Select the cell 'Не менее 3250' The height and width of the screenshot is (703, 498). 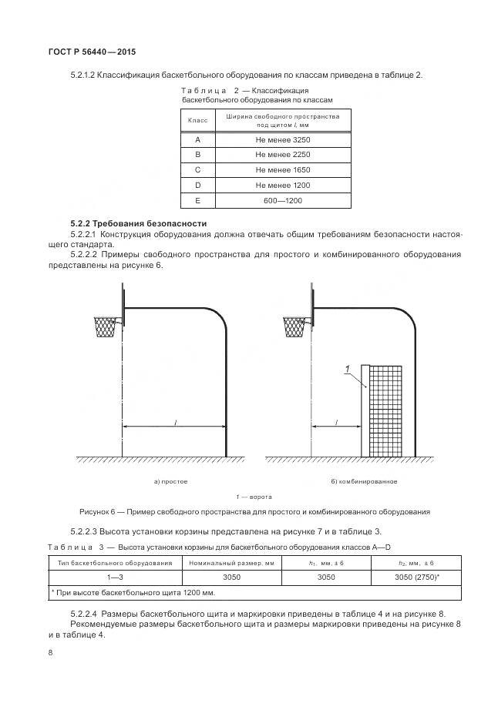(x=282, y=140)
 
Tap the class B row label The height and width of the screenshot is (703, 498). (x=198, y=155)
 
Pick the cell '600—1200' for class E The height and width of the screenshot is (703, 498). (x=282, y=200)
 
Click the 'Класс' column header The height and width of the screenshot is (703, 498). (x=198, y=120)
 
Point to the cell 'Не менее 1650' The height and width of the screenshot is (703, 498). (x=282, y=170)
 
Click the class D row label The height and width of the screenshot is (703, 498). (x=198, y=186)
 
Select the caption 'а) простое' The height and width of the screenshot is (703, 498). (x=170, y=481)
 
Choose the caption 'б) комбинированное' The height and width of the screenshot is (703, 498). (x=364, y=481)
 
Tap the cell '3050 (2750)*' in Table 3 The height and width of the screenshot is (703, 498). (x=417, y=577)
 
